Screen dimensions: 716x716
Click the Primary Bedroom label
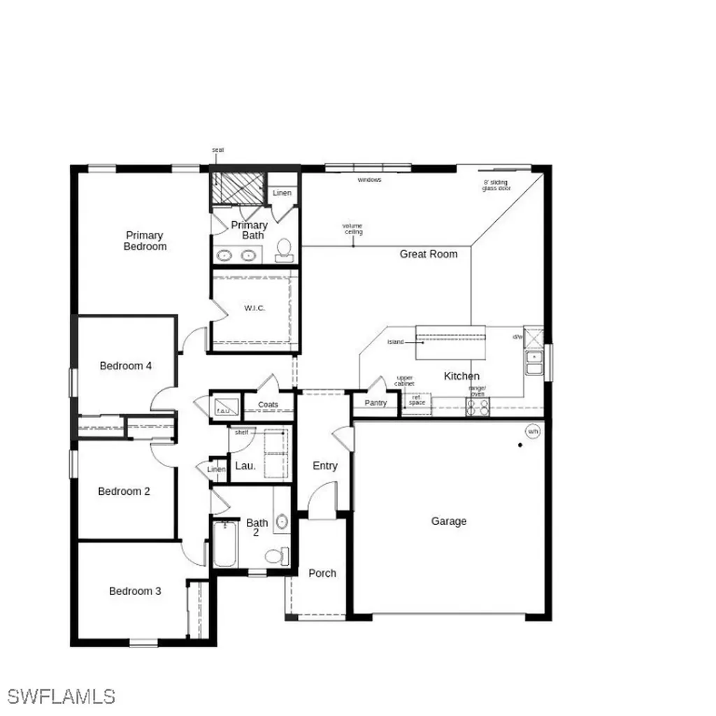click(145, 241)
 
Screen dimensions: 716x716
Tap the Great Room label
click(429, 254)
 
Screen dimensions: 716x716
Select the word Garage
click(448, 521)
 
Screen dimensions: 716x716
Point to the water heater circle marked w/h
click(533, 431)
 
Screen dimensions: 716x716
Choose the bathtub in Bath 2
click(225, 544)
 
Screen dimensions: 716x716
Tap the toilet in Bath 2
click(277, 555)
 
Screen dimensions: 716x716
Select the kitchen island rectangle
click(450, 342)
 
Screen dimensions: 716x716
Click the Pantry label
click(375, 403)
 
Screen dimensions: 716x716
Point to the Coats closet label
click(268, 405)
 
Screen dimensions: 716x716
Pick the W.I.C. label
click(255, 308)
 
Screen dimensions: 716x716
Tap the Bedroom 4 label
click(126, 366)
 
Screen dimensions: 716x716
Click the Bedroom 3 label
click(135, 591)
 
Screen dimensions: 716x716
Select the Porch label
click(322, 573)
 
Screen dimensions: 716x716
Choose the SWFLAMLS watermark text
click(62, 696)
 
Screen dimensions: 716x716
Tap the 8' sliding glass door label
click(496, 185)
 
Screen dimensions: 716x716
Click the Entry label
click(324, 466)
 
